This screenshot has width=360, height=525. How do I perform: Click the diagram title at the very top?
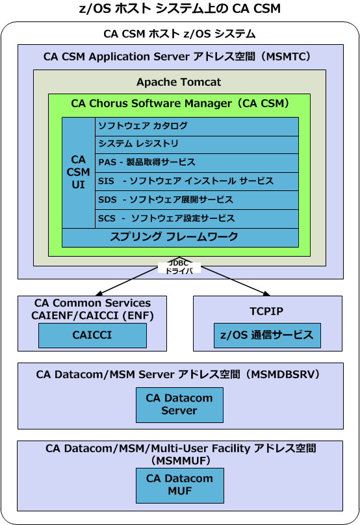point(180,8)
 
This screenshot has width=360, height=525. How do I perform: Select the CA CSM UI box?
point(78,172)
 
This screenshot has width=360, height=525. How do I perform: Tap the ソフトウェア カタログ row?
point(196,126)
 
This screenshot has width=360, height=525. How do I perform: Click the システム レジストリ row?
point(196,144)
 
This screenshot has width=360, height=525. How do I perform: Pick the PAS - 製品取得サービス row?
point(196,162)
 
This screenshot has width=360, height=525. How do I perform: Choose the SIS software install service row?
point(196,181)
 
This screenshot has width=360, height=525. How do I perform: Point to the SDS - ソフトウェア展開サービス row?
point(196,199)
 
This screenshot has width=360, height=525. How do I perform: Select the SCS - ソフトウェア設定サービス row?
point(196,218)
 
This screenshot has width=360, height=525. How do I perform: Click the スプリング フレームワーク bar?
point(180,237)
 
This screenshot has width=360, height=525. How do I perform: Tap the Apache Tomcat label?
point(179,82)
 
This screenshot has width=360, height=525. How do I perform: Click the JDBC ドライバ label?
point(179,267)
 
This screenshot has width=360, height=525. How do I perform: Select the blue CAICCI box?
point(92,335)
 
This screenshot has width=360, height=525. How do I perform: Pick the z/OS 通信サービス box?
point(267,335)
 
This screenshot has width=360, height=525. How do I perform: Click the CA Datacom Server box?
point(179,404)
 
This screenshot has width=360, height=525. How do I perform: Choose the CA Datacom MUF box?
point(179,485)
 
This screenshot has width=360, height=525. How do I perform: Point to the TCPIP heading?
point(267,311)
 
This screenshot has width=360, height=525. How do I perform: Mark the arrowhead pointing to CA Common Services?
point(95,293)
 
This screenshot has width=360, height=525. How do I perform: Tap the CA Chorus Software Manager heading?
point(180,103)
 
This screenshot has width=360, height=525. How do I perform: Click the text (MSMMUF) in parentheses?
point(180,460)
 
